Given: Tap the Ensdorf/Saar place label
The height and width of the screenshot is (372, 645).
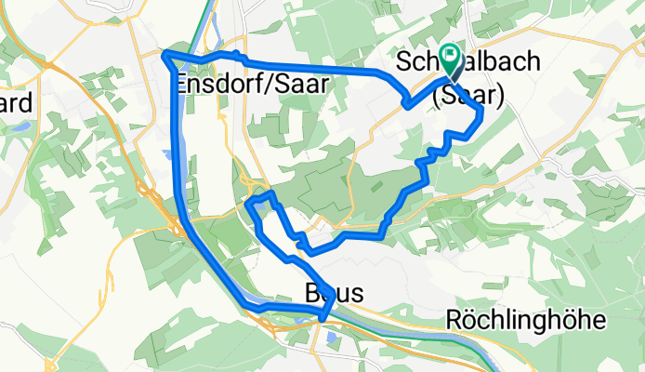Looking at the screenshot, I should click(251, 83).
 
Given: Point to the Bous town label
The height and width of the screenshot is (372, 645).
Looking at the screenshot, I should click(327, 294).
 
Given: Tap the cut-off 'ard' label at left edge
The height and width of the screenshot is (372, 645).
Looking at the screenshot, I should click(17, 101).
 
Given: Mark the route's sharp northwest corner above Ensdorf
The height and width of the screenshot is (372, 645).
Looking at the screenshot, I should click(165, 56).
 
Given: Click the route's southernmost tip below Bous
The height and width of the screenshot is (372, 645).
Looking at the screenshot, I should click(322, 319).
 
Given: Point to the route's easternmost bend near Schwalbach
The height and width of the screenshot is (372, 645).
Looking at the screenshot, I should click(481, 113).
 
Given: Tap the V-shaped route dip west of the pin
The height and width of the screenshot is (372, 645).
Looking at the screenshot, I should click(408, 105).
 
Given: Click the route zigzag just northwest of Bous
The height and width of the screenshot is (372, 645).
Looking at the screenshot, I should click(299, 242).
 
